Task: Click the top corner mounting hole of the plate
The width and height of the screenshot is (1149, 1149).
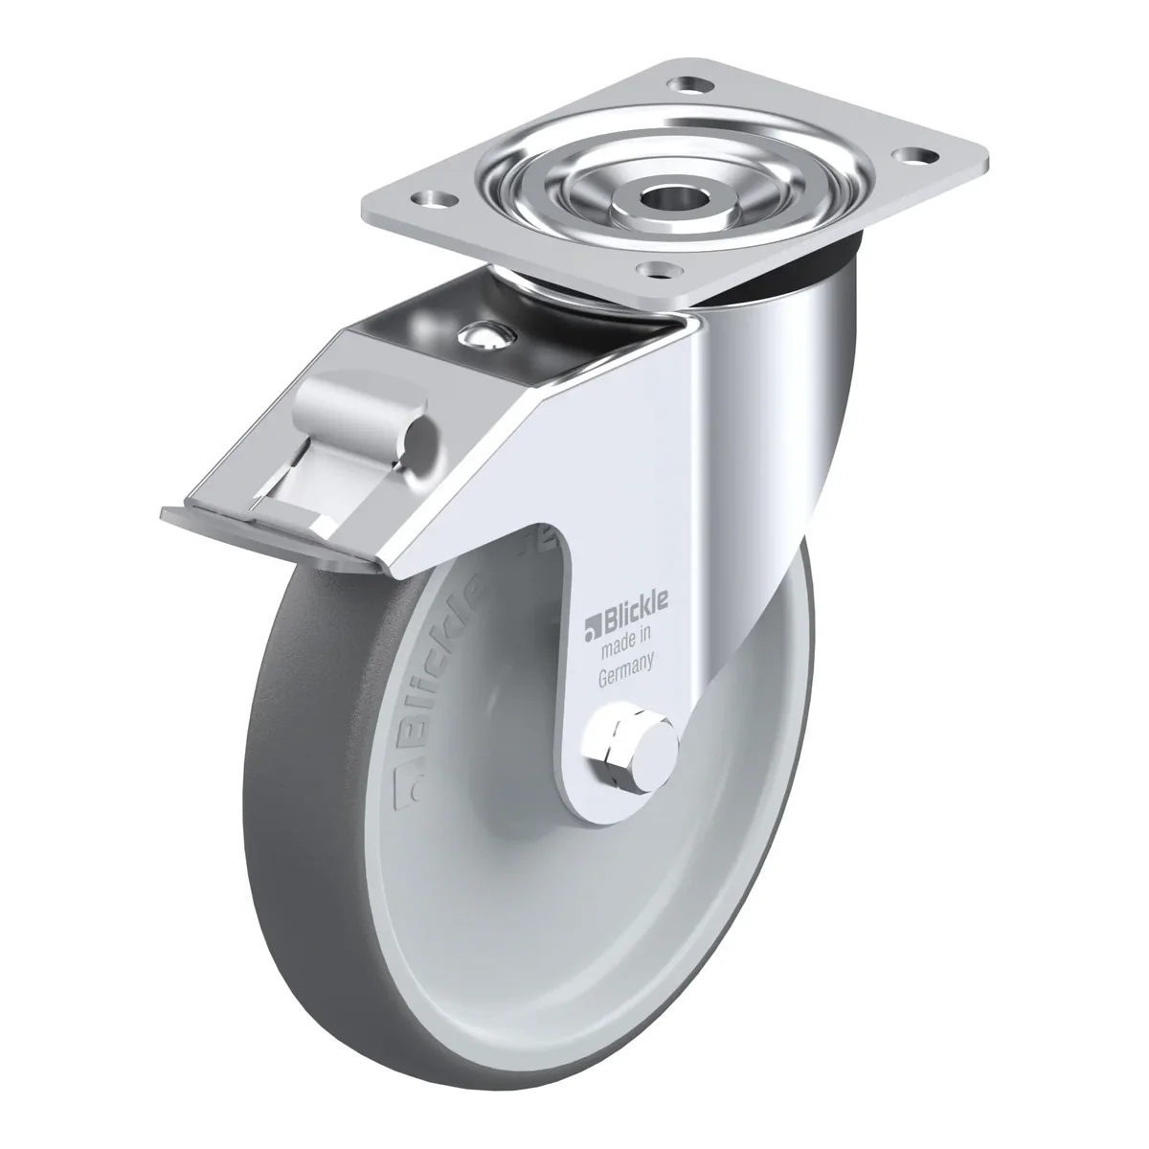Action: pos(689,85)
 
